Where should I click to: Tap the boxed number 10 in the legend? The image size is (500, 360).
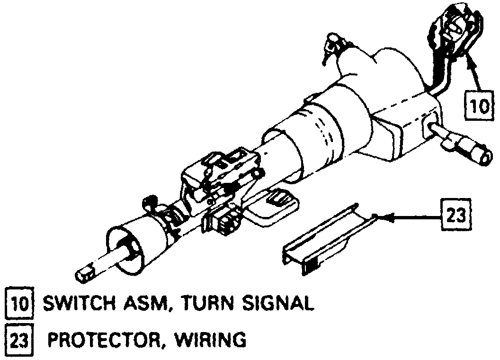click(18, 303)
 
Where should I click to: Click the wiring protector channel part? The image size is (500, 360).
click(322, 242)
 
